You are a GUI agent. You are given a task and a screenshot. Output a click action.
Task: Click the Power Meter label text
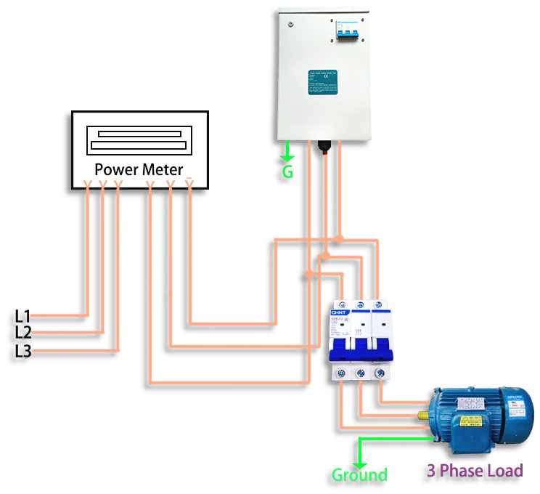click(x=139, y=169)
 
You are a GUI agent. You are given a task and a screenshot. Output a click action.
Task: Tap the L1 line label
click(x=22, y=316)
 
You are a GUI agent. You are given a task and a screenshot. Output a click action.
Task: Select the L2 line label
click(x=22, y=333)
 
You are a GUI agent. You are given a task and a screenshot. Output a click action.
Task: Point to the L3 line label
click(x=22, y=351)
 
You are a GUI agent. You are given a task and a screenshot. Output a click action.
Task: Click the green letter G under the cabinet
click(x=288, y=172)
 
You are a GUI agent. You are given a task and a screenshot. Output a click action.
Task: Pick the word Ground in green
click(x=359, y=475)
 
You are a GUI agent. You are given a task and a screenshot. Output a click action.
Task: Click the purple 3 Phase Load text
click(x=475, y=471)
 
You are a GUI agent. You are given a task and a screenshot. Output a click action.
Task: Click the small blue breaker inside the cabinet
click(x=347, y=33)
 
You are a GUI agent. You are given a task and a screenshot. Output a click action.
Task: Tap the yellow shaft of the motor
click(x=422, y=416)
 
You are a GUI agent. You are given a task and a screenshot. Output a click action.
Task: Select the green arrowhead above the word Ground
click(x=359, y=462)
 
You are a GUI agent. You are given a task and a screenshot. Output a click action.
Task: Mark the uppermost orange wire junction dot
click(x=340, y=238)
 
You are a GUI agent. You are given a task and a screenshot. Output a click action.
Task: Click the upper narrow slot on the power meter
click(x=140, y=134)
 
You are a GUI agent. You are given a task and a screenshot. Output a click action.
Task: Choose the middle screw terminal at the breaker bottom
click(x=360, y=373)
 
